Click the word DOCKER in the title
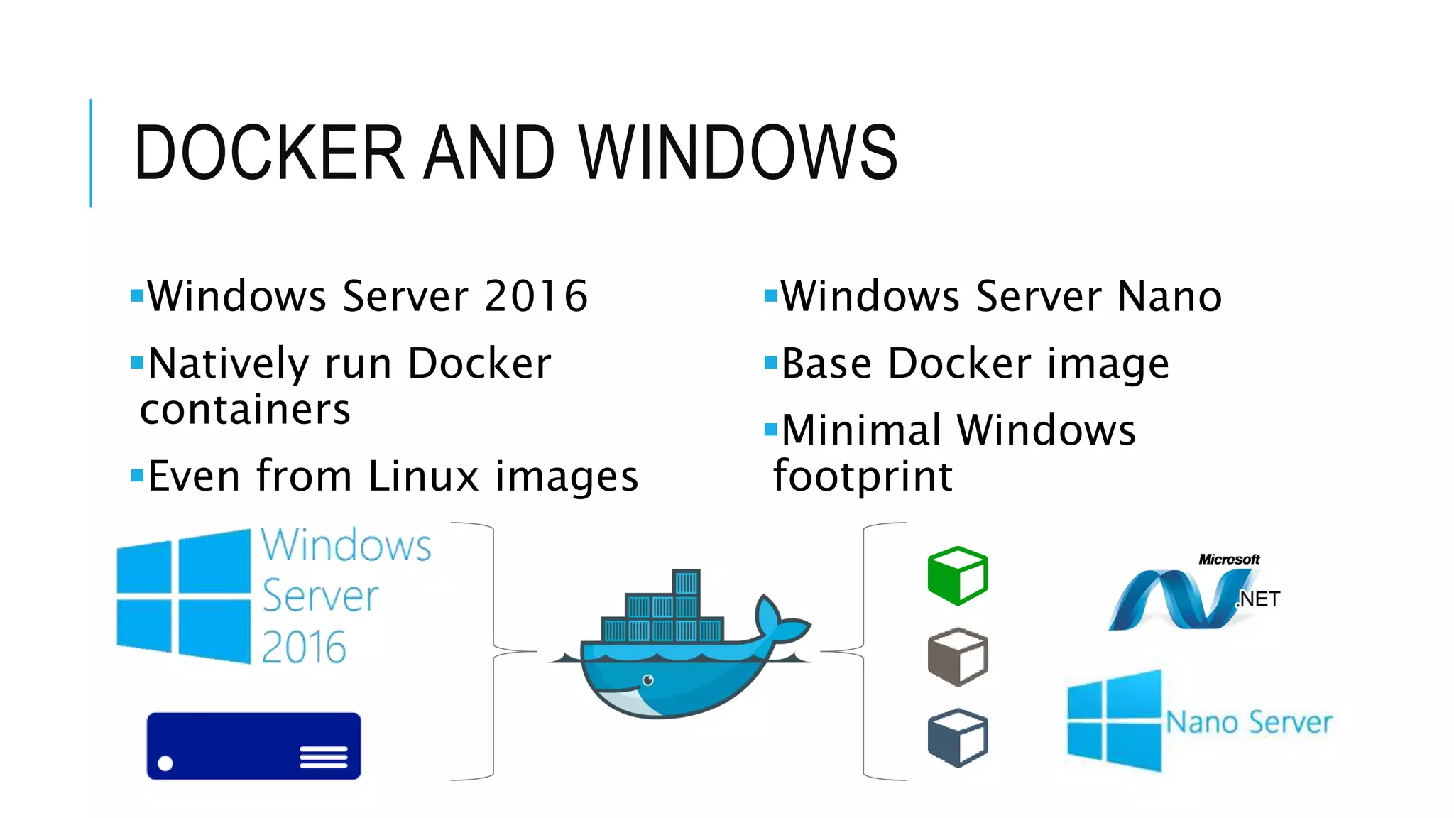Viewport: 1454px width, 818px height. coord(269,152)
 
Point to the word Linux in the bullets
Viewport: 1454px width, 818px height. coord(424,476)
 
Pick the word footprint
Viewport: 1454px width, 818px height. coord(863,476)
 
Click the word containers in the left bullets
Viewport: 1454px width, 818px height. coord(245,410)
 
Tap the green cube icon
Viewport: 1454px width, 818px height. coord(958,575)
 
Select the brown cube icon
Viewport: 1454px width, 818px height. coord(958,656)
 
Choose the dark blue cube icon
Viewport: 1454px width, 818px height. coord(958,737)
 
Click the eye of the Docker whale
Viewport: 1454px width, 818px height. coord(647,680)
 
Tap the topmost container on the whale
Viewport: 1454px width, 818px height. coord(686,582)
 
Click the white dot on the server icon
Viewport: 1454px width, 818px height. coord(165,763)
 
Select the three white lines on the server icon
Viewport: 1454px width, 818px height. coord(323,757)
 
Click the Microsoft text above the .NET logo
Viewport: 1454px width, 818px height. coord(1229,560)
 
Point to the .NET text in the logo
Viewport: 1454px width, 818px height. coord(1258,599)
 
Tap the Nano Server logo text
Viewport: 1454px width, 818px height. coord(1249,722)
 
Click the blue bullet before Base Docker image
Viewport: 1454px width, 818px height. coord(771,363)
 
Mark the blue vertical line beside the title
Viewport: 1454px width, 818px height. coord(91,153)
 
